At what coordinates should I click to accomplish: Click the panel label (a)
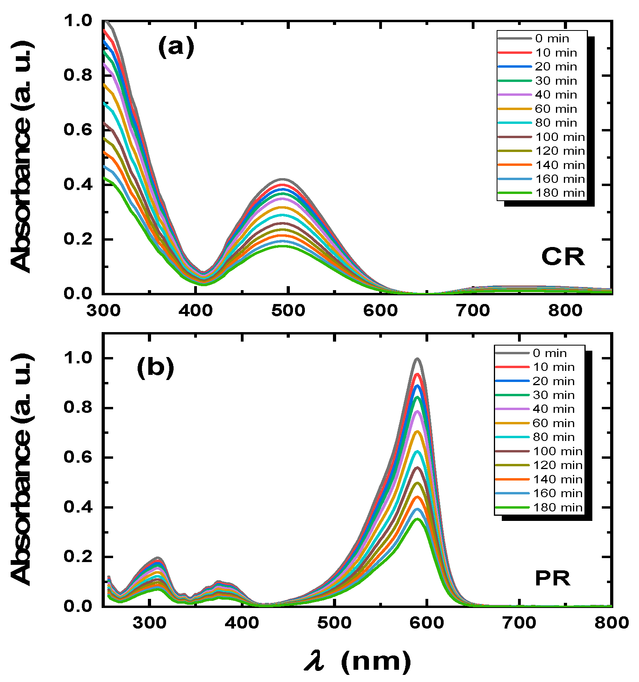click(x=176, y=47)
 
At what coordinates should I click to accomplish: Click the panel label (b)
click(x=155, y=368)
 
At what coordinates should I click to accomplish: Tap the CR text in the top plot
click(x=563, y=257)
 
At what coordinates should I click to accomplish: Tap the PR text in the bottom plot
click(x=552, y=579)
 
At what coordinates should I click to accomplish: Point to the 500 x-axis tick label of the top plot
click(x=288, y=310)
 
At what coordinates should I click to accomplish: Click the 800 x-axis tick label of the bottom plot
click(x=611, y=623)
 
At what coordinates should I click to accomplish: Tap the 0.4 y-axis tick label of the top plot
click(x=78, y=184)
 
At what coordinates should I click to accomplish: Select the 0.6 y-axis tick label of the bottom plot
click(x=78, y=458)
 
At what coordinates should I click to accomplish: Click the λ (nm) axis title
click(x=358, y=661)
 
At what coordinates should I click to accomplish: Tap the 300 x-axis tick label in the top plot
click(x=104, y=310)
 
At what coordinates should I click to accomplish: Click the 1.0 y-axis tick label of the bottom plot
click(x=78, y=358)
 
